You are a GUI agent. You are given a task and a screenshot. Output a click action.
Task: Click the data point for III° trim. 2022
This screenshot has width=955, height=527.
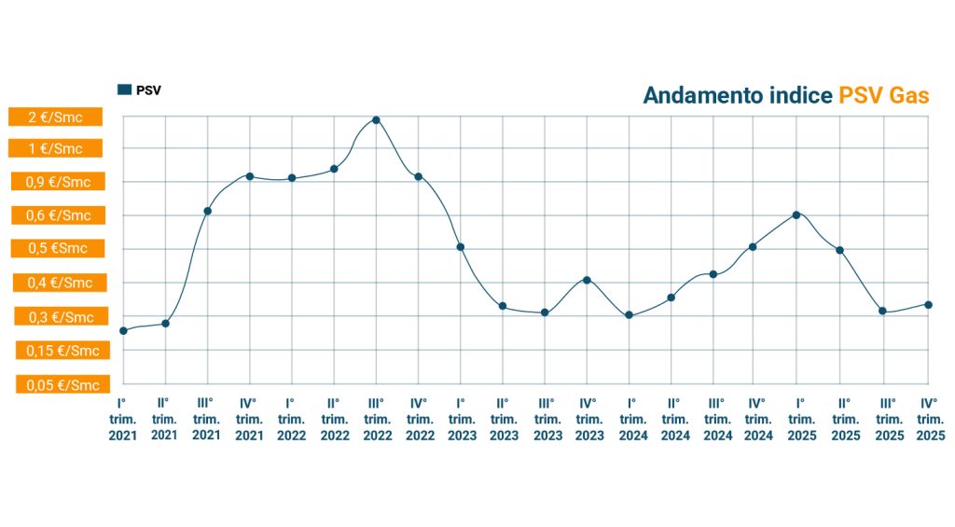coord(376,120)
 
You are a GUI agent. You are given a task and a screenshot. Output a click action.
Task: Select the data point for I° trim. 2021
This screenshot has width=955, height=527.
coord(123,331)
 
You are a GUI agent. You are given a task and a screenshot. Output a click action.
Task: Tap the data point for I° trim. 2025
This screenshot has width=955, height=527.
coord(796,215)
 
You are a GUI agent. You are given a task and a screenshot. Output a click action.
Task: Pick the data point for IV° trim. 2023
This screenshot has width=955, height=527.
coord(587,280)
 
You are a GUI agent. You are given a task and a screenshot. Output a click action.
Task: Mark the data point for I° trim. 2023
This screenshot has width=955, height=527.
coord(460,247)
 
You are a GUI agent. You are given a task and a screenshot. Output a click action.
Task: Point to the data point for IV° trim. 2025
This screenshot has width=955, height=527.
coord(928,304)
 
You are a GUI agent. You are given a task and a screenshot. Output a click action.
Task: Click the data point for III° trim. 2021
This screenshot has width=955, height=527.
coord(207,211)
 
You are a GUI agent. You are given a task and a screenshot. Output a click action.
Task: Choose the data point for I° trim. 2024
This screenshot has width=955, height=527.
coord(630,315)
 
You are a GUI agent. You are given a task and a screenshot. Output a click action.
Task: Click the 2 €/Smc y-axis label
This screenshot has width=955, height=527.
coord(55,117)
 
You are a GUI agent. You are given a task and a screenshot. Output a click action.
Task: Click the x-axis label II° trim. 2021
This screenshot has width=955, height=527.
coord(164,419)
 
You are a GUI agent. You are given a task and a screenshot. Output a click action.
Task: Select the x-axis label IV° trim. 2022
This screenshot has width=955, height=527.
coord(419,419)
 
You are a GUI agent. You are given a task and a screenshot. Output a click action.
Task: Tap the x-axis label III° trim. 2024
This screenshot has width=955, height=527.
coord(717,419)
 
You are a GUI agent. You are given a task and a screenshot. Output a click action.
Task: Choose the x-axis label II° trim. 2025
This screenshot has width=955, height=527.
coord(845,419)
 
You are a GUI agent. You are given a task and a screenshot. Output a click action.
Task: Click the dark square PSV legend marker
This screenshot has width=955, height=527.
coord(124,90)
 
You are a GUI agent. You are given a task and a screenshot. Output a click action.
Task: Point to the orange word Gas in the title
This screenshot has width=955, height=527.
coord(908,95)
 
